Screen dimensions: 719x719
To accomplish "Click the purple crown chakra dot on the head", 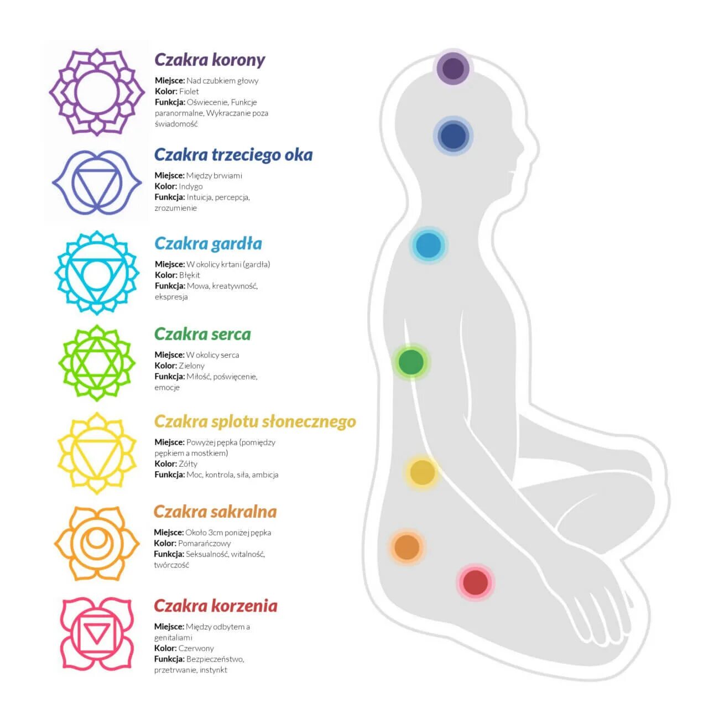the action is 453,69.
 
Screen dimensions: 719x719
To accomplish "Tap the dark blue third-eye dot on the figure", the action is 454,136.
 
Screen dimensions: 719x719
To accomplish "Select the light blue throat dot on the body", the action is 428,246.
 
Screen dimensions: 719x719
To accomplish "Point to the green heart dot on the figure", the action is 411,362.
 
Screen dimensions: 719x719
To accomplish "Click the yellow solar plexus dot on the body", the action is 423,472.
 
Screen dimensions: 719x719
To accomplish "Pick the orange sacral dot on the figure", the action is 407,547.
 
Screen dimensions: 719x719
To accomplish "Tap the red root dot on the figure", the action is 475,582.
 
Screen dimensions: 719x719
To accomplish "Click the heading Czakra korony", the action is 210,60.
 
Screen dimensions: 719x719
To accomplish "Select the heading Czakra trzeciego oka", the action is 233,155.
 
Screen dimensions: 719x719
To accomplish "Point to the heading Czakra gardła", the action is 208,243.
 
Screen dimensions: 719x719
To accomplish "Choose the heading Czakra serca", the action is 202,334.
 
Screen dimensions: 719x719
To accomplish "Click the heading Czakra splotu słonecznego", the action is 254,421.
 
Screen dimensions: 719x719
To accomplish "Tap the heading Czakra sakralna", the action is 215,512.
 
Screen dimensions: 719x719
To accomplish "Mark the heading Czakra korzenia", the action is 215,606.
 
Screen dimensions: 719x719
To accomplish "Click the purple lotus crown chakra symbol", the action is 97,92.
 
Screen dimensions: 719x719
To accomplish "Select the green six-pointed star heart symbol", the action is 97,363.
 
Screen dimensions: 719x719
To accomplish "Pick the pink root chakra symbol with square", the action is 96,634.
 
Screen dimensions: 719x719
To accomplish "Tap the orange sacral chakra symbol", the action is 97,543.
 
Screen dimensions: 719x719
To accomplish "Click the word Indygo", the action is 191,186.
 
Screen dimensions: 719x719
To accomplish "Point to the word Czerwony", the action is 196,648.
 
